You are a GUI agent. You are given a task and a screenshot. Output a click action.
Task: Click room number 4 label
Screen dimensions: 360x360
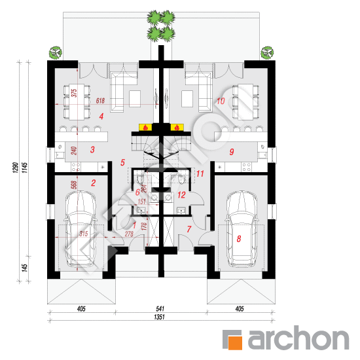pos(101,117)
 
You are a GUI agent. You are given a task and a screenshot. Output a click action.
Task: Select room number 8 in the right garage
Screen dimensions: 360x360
pos(239,240)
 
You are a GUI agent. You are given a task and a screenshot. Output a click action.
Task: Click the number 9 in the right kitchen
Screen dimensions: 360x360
pos(232,152)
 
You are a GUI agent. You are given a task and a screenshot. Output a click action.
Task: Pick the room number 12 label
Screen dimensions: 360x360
pos(182,195)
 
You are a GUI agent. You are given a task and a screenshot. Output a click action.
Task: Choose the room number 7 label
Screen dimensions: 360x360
pos(189,228)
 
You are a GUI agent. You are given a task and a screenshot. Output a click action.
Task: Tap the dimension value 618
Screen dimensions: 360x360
pos(101,101)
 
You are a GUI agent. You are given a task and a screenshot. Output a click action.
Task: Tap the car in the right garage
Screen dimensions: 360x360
pos(240,229)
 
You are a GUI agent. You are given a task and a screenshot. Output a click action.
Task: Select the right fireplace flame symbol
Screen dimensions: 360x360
pos(177,127)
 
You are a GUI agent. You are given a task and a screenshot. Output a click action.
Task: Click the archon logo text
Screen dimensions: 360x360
pos(296,338)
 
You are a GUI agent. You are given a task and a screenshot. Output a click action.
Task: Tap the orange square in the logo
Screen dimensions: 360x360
pos(233,339)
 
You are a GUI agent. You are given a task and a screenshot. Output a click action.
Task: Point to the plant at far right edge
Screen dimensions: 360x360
pos(267,51)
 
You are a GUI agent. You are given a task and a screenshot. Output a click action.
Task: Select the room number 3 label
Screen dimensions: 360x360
pos(93,150)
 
